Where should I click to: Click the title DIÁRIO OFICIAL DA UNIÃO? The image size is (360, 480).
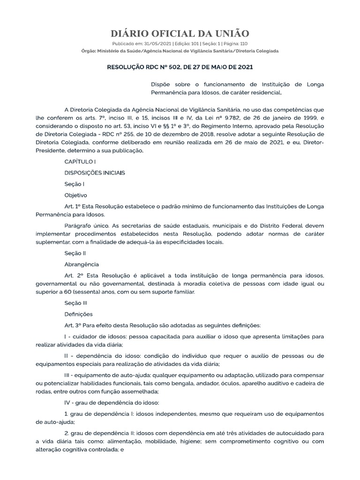pos(180,33)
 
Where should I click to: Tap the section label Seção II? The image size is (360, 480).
pos(75,253)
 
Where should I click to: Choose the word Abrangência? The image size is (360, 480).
pos(81,264)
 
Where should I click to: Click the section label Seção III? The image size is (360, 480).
pos(76,303)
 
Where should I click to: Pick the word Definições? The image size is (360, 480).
pos(78,314)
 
